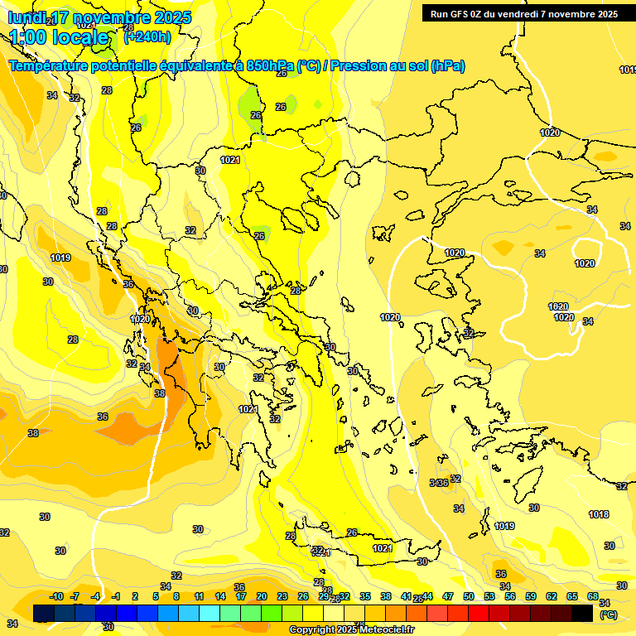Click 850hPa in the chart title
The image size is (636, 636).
271,65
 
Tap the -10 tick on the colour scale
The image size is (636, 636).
56,597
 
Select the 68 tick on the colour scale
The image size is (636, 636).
593,597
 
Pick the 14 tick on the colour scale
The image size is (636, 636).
220,597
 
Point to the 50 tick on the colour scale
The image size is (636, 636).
469,597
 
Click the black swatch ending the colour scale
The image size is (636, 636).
582,613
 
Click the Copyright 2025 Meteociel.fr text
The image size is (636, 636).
352,629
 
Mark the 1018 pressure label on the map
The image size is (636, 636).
599,514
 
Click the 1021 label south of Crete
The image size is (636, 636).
382,548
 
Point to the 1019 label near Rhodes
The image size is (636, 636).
504,526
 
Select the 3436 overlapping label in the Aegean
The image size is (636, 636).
439,483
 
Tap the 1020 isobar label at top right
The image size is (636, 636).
550,132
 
